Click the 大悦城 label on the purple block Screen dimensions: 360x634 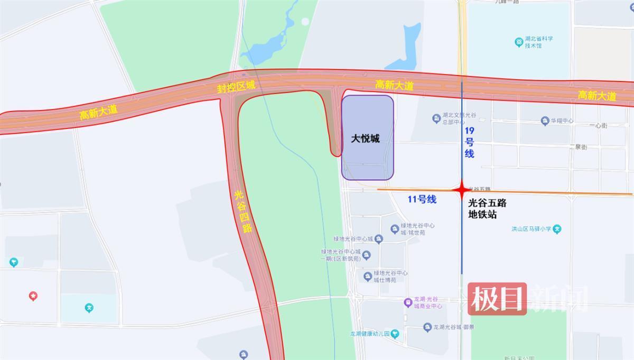tap(366, 139)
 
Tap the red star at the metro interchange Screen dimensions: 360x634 tap(461, 189)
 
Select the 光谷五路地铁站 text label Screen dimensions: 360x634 tap(487, 208)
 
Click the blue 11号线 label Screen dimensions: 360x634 tap(422, 199)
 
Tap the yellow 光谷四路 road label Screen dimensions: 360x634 tap(243, 212)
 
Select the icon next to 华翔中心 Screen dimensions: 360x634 tap(545, 121)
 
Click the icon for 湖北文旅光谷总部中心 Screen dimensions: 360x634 tap(436, 118)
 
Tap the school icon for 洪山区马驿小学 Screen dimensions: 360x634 tap(557, 229)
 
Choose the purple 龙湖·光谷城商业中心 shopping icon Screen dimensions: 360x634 tap(408, 303)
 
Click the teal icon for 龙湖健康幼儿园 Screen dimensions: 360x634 tap(395, 334)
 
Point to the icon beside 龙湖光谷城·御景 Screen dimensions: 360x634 tap(427, 328)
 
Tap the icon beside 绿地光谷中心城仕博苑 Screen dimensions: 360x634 tap(368, 276)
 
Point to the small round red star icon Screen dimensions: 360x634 tap(33, 296)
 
